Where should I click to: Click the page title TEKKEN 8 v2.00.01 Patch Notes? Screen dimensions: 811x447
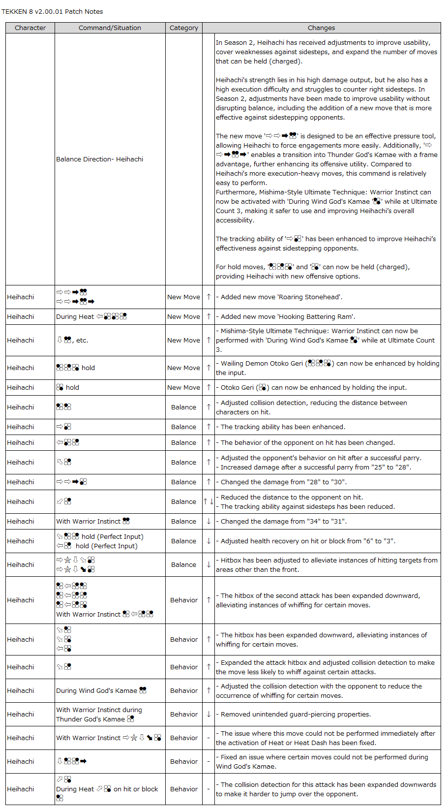pyautogui.click(x=52, y=11)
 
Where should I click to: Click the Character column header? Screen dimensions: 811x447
pyautogui.click(x=30, y=28)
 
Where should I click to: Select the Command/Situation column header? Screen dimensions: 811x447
pyautogui.click(x=110, y=28)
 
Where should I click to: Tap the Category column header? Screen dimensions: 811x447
pyautogui.click(x=183, y=28)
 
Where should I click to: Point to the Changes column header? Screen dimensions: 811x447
pyautogui.click(x=321, y=28)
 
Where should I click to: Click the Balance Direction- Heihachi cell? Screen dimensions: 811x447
pyautogui.click(x=99, y=159)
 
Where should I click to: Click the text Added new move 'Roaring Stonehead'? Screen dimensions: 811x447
pyautogui.click(x=281, y=297)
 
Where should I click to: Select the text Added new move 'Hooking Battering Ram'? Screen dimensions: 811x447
pyautogui.click(x=288, y=316)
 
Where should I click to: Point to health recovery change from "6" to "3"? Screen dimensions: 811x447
pyautogui.click(x=308, y=541)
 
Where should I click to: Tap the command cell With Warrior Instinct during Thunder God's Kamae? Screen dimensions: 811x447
pyautogui.click(x=99, y=714)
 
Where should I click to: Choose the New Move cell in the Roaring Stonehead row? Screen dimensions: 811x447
pyautogui.click(x=183, y=297)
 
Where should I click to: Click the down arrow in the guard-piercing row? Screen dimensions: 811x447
pyautogui.click(x=209, y=714)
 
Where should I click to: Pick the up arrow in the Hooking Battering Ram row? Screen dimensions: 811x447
pyautogui.click(x=209, y=316)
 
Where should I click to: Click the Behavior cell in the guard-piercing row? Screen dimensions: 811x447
pyautogui.click(x=183, y=714)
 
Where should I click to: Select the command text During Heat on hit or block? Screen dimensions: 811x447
pyautogui.click(x=107, y=789)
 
